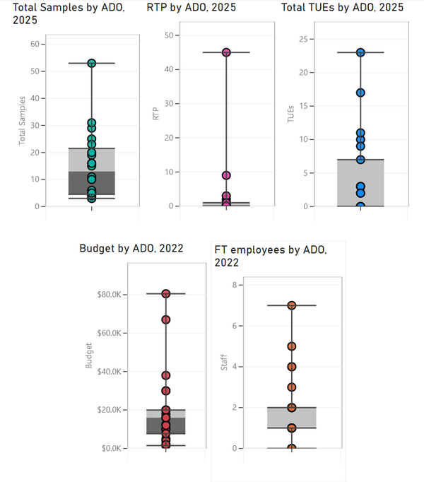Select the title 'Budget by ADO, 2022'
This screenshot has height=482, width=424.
[x=131, y=248]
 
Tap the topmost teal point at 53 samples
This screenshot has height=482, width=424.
[x=92, y=63]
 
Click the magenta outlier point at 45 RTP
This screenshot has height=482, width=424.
[x=226, y=52]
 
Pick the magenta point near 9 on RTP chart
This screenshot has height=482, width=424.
[x=226, y=175]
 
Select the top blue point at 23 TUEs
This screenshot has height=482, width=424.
[x=360, y=52]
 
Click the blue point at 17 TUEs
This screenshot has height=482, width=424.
[x=360, y=93]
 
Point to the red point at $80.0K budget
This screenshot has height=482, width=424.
[x=166, y=293]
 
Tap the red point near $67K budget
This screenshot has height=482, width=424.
[x=166, y=319]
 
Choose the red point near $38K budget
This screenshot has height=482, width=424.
[x=166, y=375]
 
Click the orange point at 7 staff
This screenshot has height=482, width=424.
[x=291, y=305]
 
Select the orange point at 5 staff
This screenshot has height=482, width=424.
[x=291, y=346]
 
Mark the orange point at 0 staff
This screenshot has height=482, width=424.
[x=291, y=448]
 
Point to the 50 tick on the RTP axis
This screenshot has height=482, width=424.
[x=168, y=35]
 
